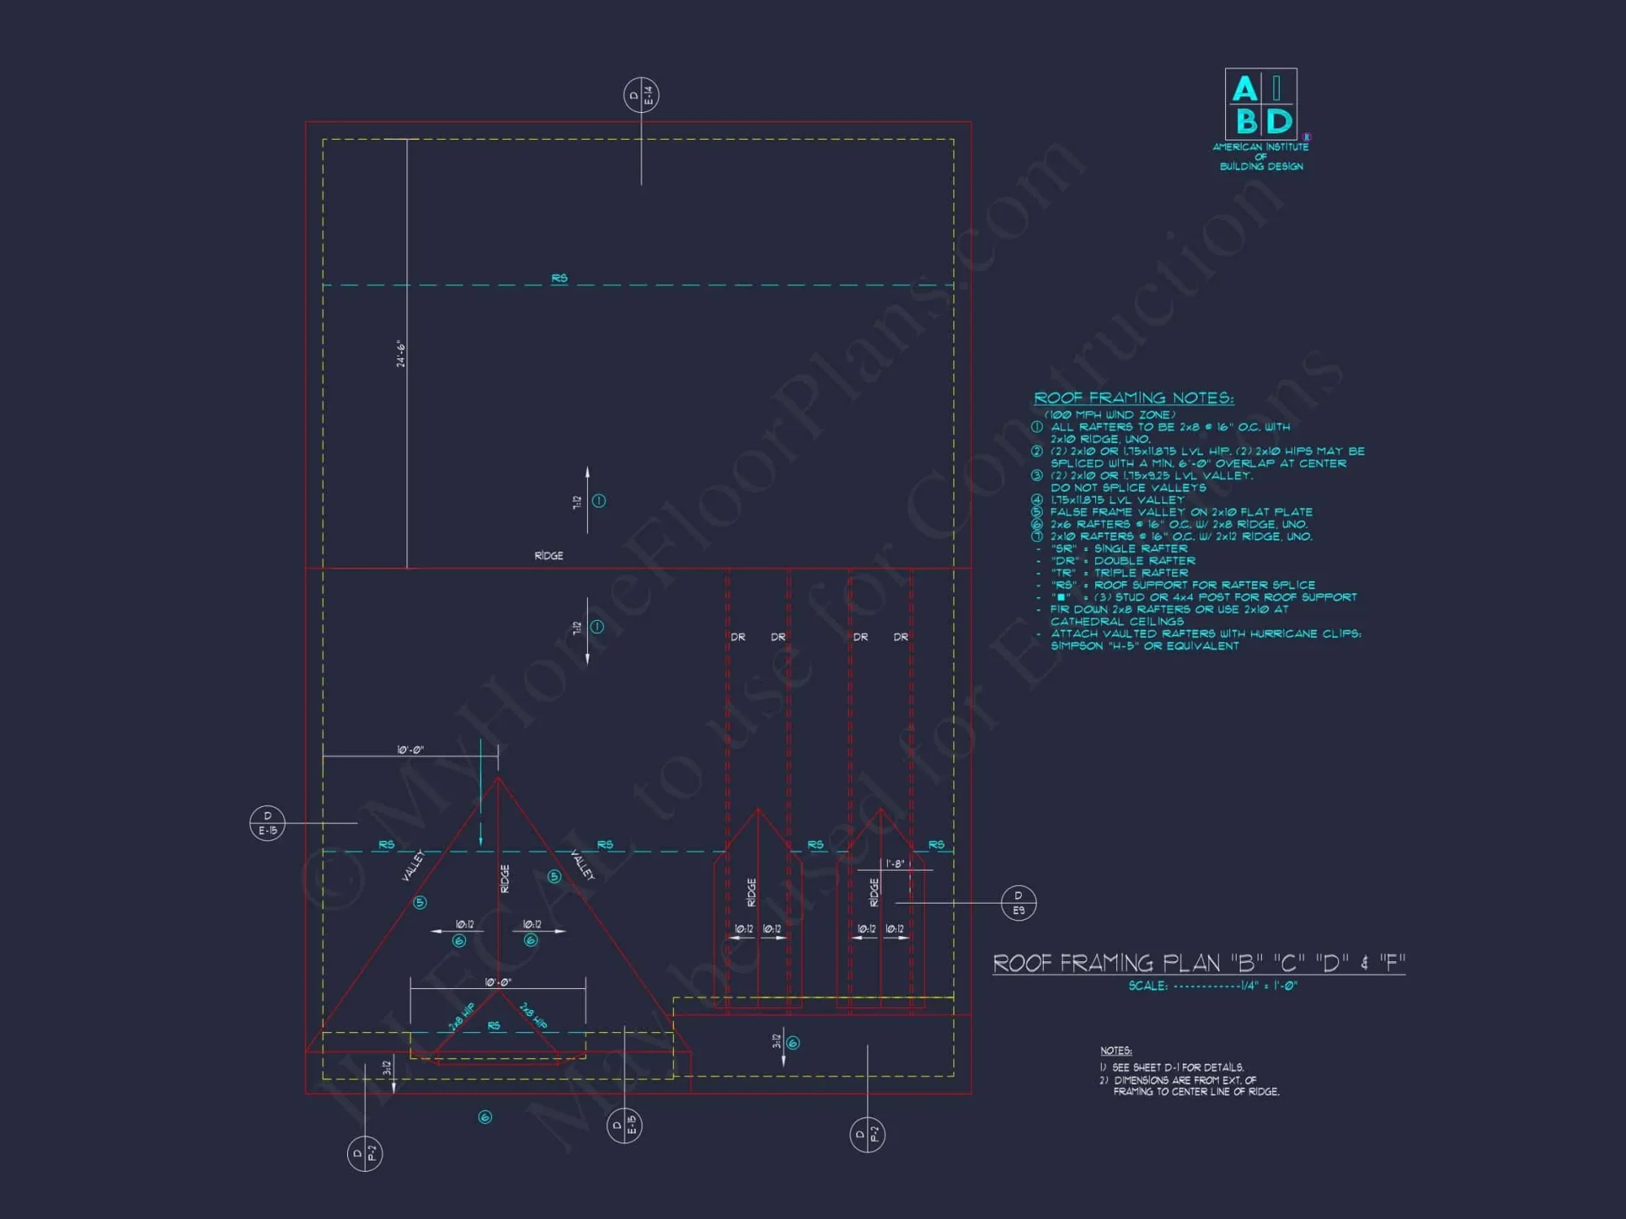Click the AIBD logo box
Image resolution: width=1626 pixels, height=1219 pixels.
click(x=1260, y=104)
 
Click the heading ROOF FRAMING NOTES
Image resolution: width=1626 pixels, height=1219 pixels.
click(x=1133, y=398)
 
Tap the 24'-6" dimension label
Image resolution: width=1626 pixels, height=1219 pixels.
click(x=401, y=354)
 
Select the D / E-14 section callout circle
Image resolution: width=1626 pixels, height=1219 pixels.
click(x=641, y=95)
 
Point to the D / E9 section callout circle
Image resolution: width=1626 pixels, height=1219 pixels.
click(x=1018, y=903)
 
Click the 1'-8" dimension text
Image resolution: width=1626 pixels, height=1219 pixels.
click(x=894, y=864)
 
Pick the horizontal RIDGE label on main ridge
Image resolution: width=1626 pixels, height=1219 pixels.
click(x=549, y=556)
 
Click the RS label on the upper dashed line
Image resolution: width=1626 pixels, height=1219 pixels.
click(x=559, y=279)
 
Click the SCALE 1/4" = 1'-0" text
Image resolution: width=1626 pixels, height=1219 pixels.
click(x=1212, y=986)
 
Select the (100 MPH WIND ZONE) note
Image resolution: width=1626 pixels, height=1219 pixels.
click(x=1110, y=414)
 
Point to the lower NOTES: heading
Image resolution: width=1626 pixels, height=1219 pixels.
click(x=1115, y=1051)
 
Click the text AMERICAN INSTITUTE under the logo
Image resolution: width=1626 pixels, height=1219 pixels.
click(x=1260, y=147)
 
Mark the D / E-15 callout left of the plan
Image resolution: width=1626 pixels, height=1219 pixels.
click(x=267, y=823)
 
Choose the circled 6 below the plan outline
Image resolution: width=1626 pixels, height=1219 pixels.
click(x=485, y=1117)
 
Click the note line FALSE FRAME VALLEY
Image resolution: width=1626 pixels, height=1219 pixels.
click(x=1180, y=512)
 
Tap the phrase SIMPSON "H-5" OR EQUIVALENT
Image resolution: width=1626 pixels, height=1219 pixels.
click(x=1145, y=646)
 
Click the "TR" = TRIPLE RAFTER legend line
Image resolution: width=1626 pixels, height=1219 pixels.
click(x=1119, y=573)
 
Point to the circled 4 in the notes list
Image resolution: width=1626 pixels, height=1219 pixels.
click(x=1037, y=500)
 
